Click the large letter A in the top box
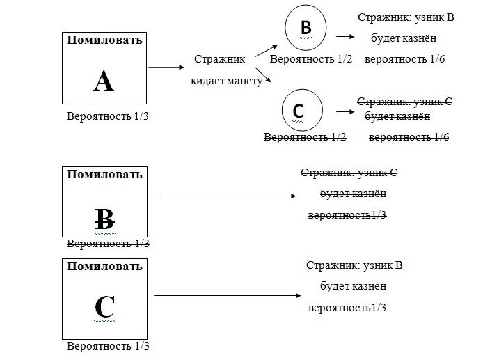point(103,81)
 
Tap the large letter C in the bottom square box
point(103,306)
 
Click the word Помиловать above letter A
point(104,40)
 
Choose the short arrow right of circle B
point(343,37)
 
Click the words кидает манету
point(226,81)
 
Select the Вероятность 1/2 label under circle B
point(312,59)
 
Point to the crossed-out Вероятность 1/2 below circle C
point(305,137)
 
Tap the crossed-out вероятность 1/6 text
point(409,137)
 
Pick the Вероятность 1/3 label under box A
point(108,116)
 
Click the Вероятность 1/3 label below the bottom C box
point(108,346)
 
